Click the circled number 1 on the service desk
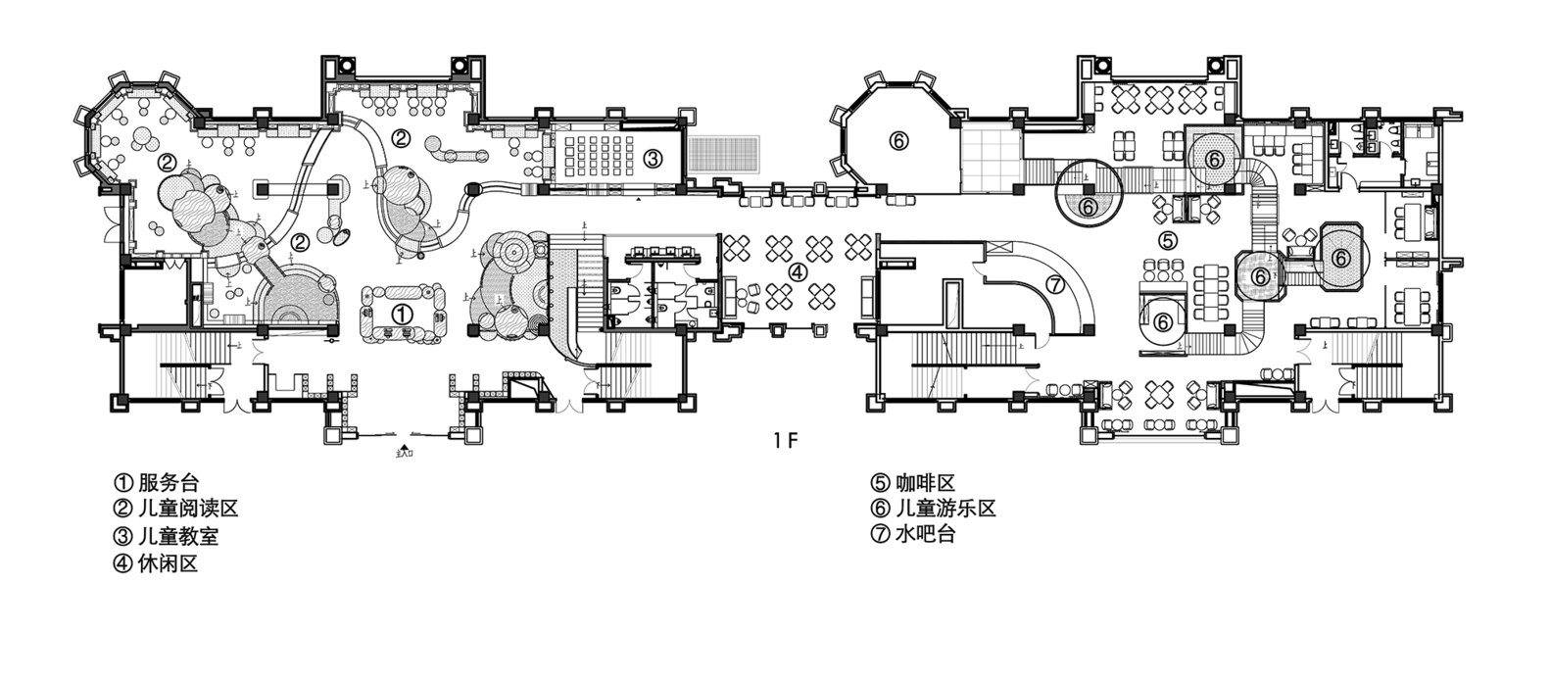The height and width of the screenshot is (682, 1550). [x=403, y=315]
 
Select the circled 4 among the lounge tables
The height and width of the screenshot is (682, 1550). [x=799, y=272]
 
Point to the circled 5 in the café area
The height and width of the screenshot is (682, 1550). [x=1167, y=240]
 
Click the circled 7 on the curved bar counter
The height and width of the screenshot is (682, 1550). [x=1055, y=285]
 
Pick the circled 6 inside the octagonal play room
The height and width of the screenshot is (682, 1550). [x=899, y=141]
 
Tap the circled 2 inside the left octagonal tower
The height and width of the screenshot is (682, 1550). [x=168, y=161]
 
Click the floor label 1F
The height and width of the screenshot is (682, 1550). [x=786, y=440]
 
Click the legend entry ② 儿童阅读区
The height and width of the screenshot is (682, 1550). [x=176, y=509]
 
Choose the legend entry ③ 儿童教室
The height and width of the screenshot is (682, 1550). [x=167, y=536]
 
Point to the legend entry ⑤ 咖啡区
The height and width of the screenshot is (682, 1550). [x=912, y=482]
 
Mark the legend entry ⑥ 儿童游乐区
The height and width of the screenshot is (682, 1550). [x=932, y=509]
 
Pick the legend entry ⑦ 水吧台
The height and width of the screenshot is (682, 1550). [x=912, y=535]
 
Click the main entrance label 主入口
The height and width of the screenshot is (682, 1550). [x=404, y=454]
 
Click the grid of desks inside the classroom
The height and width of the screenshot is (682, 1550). [x=599, y=158]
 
